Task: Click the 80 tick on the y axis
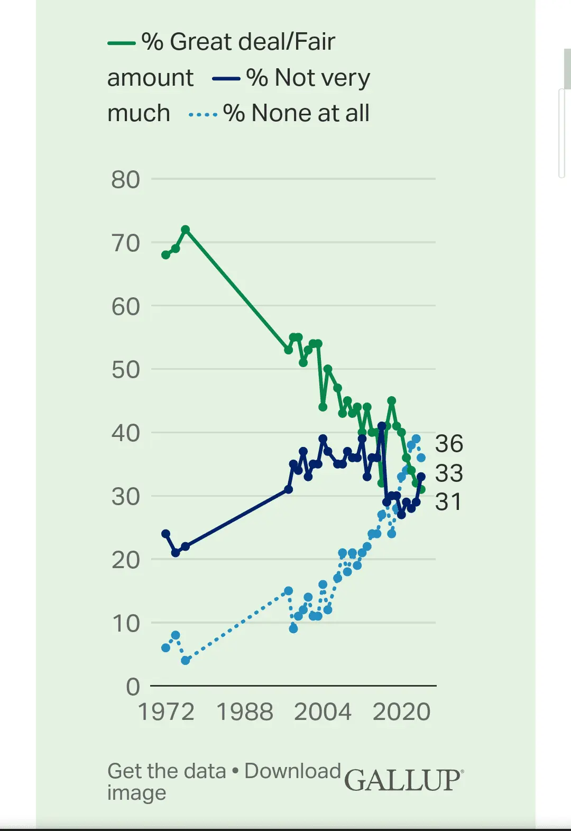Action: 125,180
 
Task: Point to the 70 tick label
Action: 125,243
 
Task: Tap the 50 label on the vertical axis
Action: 125,370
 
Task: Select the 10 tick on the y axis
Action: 125,624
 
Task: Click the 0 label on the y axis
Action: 133,687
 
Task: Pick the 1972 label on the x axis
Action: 166,712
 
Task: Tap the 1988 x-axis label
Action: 245,712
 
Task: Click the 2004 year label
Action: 323,712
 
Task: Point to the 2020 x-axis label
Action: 401,712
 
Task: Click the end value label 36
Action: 449,444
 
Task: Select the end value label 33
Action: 449,473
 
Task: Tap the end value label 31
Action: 448,502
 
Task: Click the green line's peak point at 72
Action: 186,230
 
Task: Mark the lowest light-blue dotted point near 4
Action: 186,660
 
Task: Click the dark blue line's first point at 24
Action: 166,534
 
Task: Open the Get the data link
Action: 167,771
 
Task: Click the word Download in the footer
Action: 292,771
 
